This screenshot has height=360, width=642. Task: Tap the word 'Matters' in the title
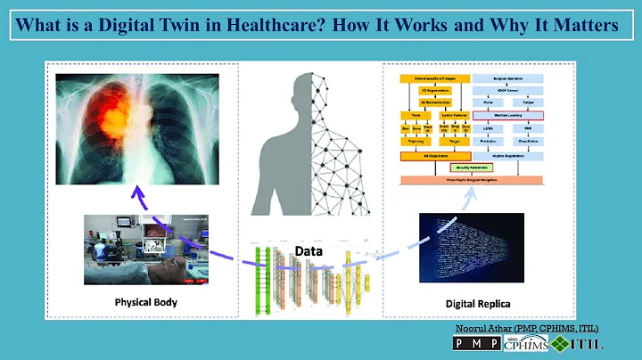click(x=583, y=26)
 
